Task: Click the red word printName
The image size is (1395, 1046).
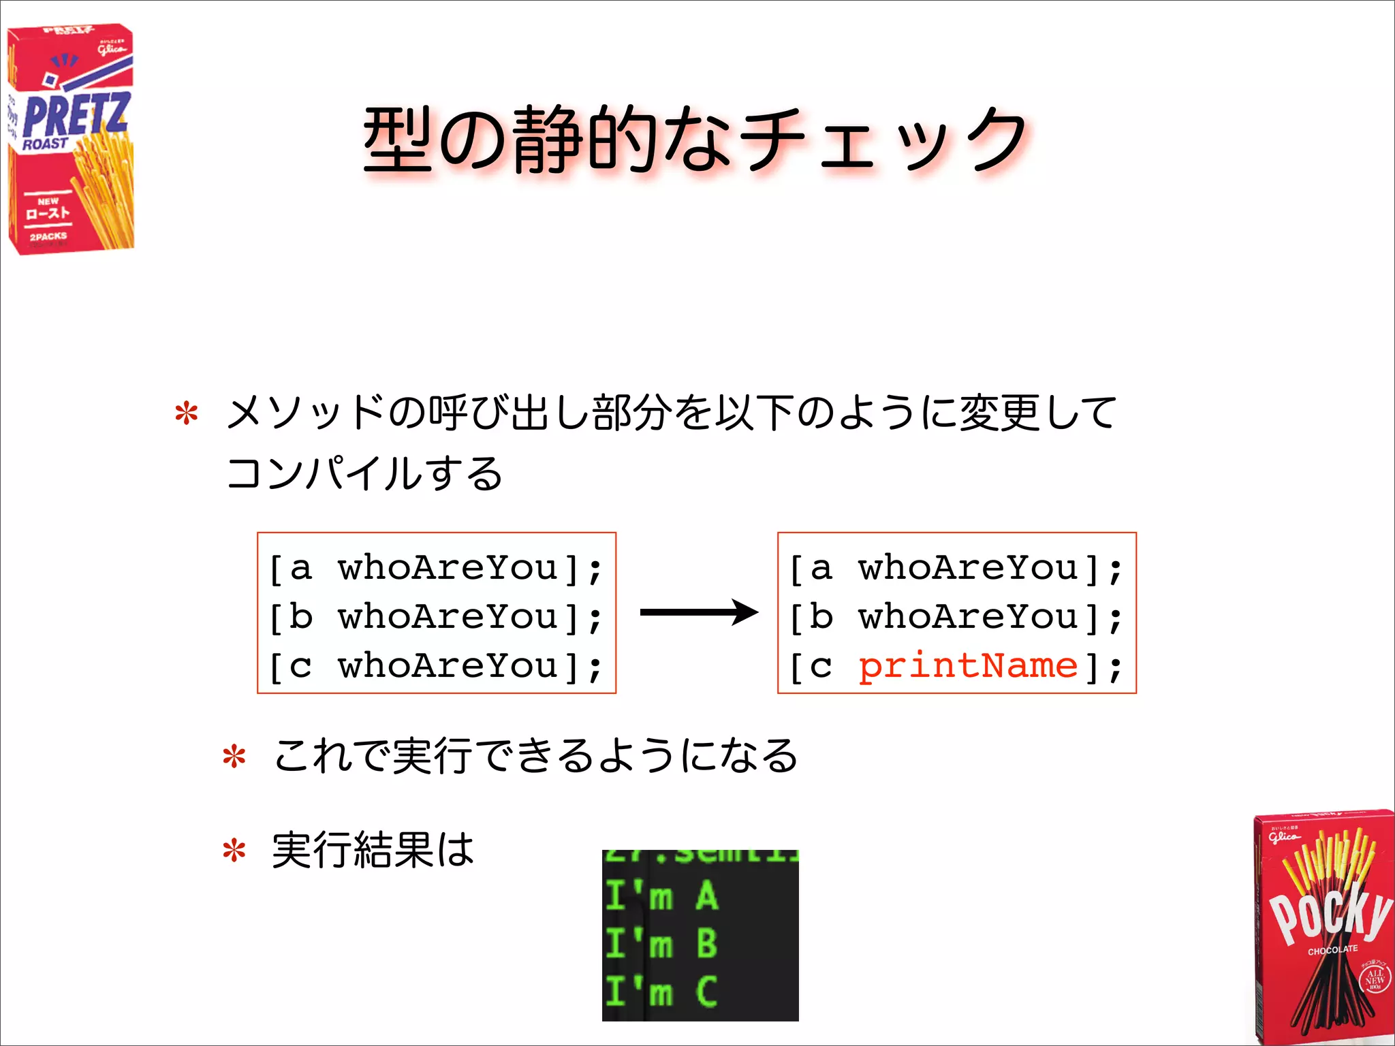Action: (967, 666)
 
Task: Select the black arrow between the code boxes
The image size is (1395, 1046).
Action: (698, 612)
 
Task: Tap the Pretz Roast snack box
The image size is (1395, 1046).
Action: (70, 140)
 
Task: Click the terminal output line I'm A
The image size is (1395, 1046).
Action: (661, 896)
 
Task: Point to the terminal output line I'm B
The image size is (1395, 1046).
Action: (661, 944)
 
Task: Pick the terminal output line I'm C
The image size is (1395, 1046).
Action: (661, 992)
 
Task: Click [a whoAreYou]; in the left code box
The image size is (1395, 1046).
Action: (436, 568)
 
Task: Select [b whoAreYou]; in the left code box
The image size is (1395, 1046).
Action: (436, 617)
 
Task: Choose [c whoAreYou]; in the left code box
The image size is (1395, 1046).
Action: (436, 666)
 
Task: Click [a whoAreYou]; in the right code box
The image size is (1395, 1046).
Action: (956, 568)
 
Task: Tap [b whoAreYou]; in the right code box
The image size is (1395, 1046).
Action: (956, 617)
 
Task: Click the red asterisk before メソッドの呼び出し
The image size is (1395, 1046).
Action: (187, 415)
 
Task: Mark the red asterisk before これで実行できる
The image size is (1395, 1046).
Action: (234, 757)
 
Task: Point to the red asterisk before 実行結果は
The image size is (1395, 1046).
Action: (234, 851)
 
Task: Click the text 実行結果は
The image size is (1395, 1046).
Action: (373, 850)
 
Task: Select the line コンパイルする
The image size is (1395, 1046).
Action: (364, 473)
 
